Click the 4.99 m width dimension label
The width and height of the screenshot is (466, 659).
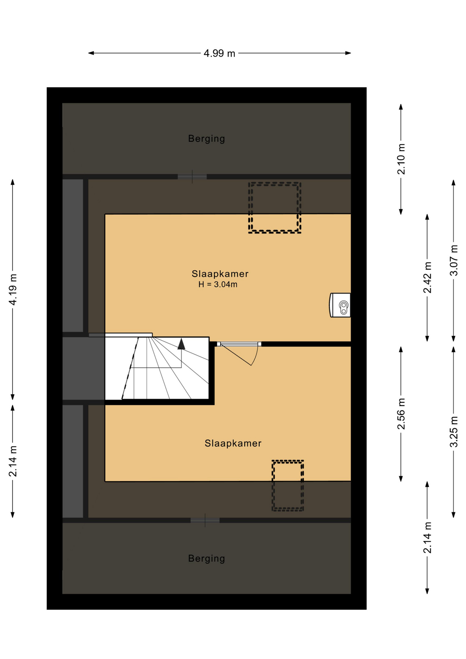pos(219,53)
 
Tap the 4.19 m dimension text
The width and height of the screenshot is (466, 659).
pos(13,289)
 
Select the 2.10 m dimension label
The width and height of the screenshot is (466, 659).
pos(401,159)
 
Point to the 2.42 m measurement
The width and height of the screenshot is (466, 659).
pos(427,277)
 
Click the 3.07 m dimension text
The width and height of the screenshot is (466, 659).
pos(454,260)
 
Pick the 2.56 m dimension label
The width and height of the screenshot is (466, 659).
pos(401,414)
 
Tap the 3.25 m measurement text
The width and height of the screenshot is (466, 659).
pos(454,431)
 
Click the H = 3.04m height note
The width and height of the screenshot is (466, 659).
pos(218,284)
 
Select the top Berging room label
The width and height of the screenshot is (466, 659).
pos(207,139)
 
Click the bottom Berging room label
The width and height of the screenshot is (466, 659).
pos(207,558)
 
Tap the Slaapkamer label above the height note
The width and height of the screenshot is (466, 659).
pos(220,274)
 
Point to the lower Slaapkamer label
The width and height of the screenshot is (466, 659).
pos(233,443)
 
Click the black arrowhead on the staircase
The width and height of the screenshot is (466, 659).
pos(181,344)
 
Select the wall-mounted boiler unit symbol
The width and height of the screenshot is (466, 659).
pos(340,305)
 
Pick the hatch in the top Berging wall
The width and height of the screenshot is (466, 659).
pos(192,177)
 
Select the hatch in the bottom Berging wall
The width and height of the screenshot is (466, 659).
pos(205,520)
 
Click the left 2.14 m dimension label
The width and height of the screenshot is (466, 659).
pos(13,461)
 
